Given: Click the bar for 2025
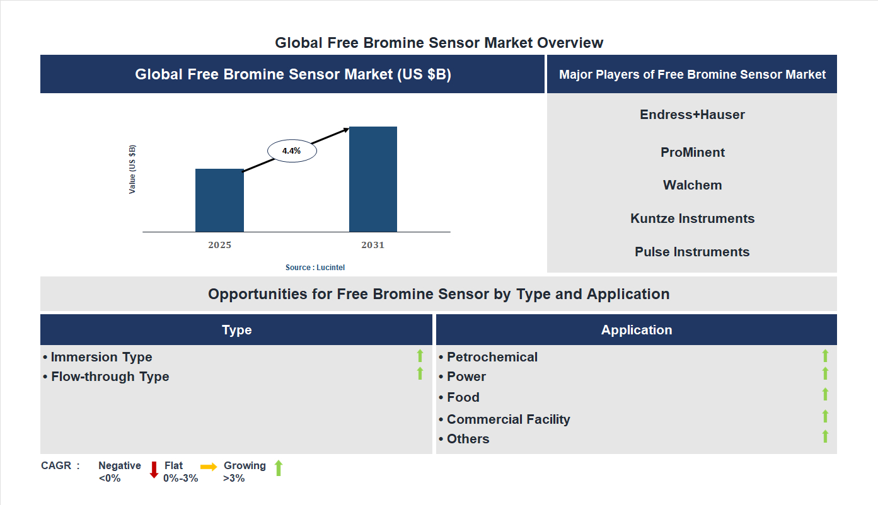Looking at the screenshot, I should [x=219, y=200].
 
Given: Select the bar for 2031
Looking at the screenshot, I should [x=373, y=179].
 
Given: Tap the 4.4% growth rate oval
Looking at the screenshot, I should [x=292, y=151].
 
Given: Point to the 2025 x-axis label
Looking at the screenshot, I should [x=219, y=245].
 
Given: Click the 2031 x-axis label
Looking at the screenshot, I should [x=373, y=245].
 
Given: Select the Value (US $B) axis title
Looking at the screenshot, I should [x=132, y=169].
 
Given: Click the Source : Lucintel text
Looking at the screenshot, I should [x=315, y=268].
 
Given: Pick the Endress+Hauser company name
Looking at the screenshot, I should [x=692, y=115].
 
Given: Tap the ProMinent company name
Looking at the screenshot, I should [x=692, y=152].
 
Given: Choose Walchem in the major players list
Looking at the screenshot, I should [x=692, y=185].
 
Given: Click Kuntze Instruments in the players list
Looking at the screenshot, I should [x=692, y=218].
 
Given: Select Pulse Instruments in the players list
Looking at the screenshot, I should [x=692, y=252].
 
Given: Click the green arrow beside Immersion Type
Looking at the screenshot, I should [x=420, y=356].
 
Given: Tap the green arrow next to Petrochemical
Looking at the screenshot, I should [x=825, y=356].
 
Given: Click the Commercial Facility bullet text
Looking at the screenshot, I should [x=508, y=419].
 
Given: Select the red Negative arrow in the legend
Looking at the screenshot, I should [x=154, y=470].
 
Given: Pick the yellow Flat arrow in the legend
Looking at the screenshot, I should [x=209, y=467].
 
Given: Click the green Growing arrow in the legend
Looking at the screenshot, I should [x=279, y=468].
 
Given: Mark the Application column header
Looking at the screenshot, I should [x=636, y=330].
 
